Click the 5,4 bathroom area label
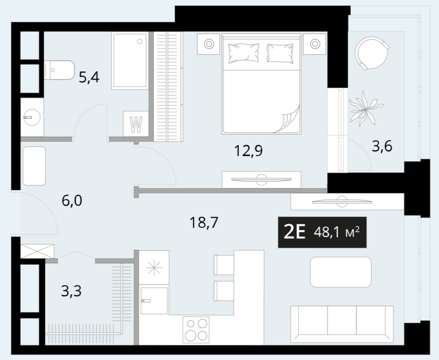coord(89,77)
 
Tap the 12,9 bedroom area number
coord(249,151)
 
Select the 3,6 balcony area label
coord(382,146)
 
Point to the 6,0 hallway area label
coord(72,201)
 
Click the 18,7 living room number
coord(204,223)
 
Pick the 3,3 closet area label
coord(71,291)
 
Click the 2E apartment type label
coord(294,232)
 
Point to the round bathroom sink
coord(32,117)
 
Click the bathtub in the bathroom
coord(130,61)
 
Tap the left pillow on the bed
coord(243,53)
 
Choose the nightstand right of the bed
coord(315,44)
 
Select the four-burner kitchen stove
coord(196,330)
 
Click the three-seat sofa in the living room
coord(342,324)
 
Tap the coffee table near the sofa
coord(341,272)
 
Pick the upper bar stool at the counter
coord(224,265)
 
